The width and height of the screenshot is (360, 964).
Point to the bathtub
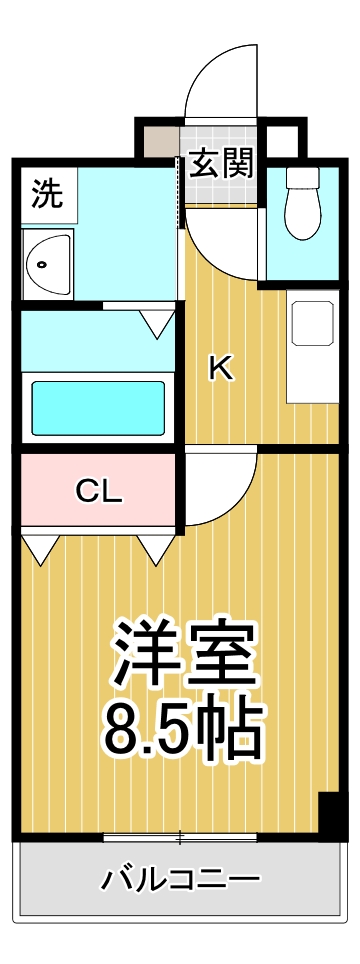(x=97, y=406)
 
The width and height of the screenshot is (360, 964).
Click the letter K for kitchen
(x=220, y=369)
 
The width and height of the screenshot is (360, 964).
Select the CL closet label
(x=98, y=491)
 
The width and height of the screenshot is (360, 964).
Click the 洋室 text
(x=185, y=652)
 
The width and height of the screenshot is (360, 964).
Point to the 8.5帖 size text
(x=185, y=730)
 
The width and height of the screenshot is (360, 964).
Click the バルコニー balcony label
(x=181, y=879)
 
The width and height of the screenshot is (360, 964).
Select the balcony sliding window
(x=180, y=835)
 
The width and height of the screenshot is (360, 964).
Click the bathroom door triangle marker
(x=156, y=322)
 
